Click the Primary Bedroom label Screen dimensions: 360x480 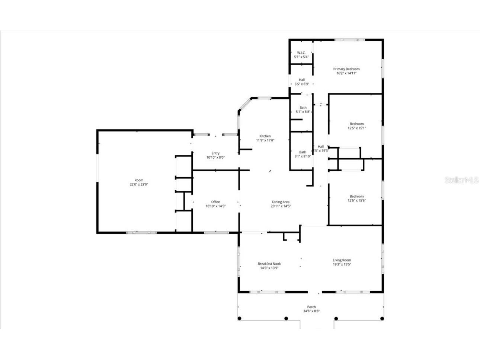tap(346, 69)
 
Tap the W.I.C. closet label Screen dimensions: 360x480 tap(301, 52)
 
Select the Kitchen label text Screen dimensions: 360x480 tap(265, 136)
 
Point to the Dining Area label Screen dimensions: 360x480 tap(281, 202)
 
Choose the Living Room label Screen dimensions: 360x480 tap(342, 260)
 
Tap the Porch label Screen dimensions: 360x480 tap(311, 307)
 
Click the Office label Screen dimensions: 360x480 tap(215, 202)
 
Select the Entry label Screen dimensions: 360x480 tap(215, 153)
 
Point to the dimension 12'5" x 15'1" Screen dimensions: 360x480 tap(356, 128)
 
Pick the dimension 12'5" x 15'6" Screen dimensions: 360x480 tap(356, 201)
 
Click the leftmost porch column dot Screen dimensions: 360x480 tap(239, 318)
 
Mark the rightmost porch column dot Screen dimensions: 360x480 tap(382, 318)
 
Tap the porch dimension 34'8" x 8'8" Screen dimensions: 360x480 tap(311, 311)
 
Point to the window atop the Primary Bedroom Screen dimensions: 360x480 tap(349, 39)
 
